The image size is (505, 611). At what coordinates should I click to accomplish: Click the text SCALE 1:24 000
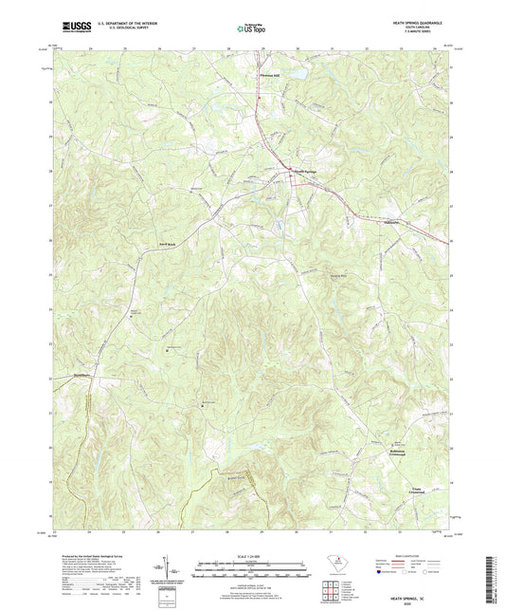[251, 555]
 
